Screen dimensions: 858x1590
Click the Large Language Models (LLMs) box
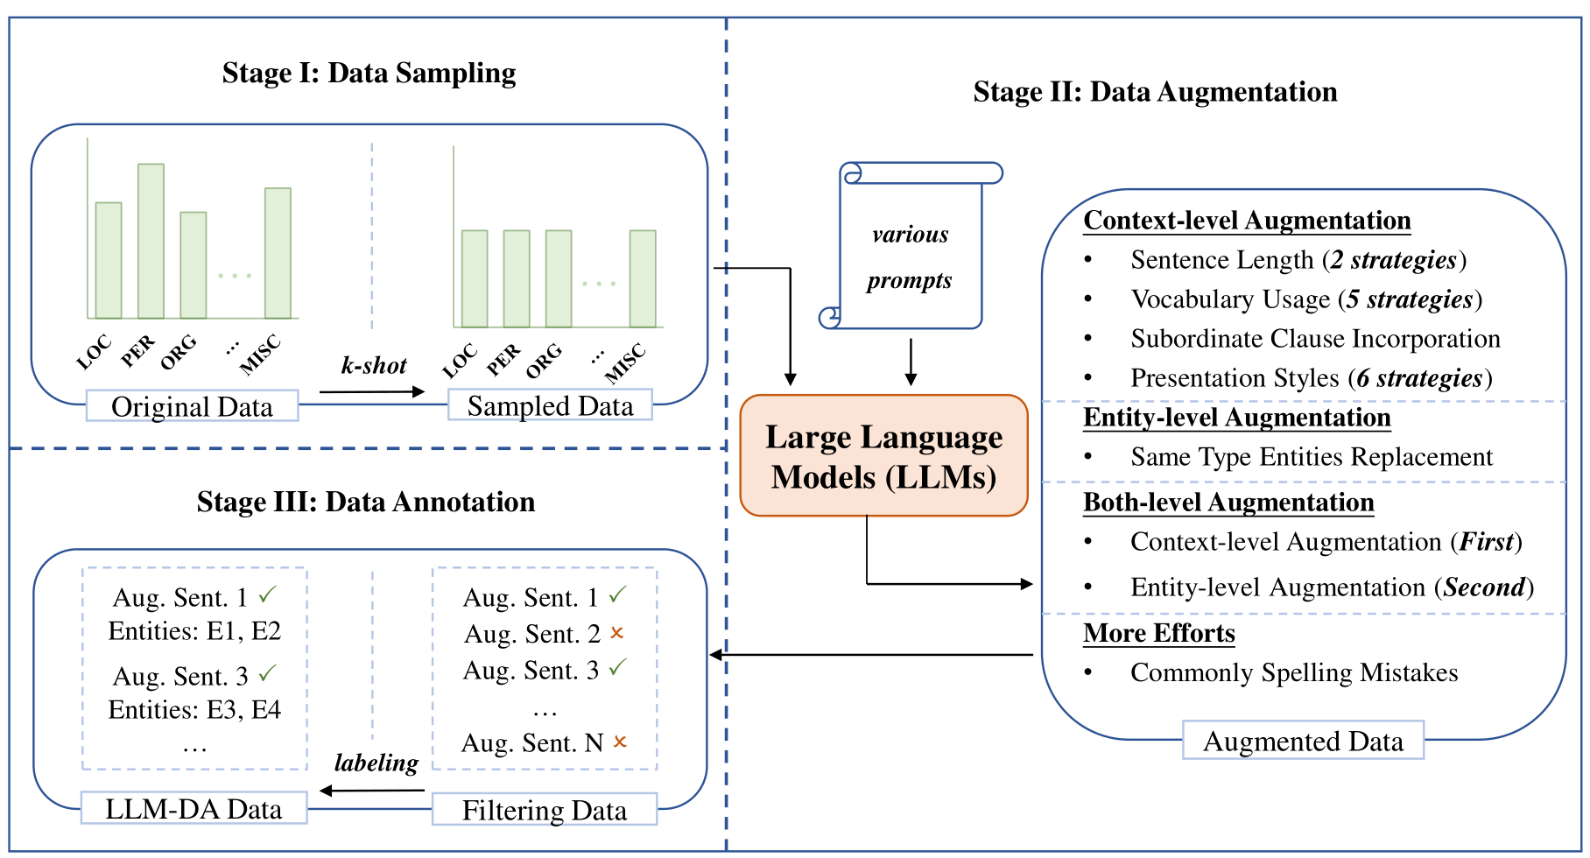(x=883, y=455)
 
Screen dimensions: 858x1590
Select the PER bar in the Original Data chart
(x=151, y=241)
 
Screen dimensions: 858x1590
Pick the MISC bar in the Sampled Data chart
(x=643, y=278)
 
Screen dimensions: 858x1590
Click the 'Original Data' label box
(x=192, y=406)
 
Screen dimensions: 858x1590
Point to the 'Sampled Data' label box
(x=550, y=405)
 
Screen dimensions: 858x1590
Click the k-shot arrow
(x=372, y=391)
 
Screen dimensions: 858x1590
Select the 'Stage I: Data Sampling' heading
(x=369, y=73)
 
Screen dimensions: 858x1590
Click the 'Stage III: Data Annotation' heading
(x=366, y=502)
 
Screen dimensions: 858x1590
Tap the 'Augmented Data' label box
(x=1303, y=741)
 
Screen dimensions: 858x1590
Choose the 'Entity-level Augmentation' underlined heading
(x=1236, y=418)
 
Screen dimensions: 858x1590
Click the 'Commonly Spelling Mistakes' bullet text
(x=1293, y=672)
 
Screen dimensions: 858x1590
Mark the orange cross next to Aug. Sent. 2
(x=617, y=632)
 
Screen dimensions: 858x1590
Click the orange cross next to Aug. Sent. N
(x=620, y=742)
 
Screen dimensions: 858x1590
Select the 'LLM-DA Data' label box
(x=193, y=808)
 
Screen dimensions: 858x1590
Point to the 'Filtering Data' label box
(x=544, y=810)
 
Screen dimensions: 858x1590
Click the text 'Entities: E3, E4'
(x=194, y=709)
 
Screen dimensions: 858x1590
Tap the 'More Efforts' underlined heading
(x=1158, y=633)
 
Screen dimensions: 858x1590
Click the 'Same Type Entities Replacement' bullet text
(x=1311, y=457)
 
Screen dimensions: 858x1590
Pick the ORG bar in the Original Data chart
(x=193, y=264)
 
